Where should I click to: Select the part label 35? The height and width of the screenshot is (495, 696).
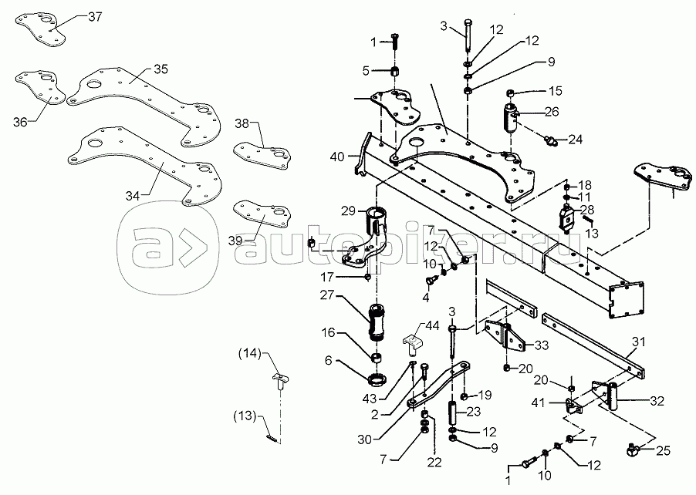(160, 69)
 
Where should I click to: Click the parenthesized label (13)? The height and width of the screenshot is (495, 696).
(245, 416)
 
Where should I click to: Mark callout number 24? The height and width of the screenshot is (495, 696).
(576, 140)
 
